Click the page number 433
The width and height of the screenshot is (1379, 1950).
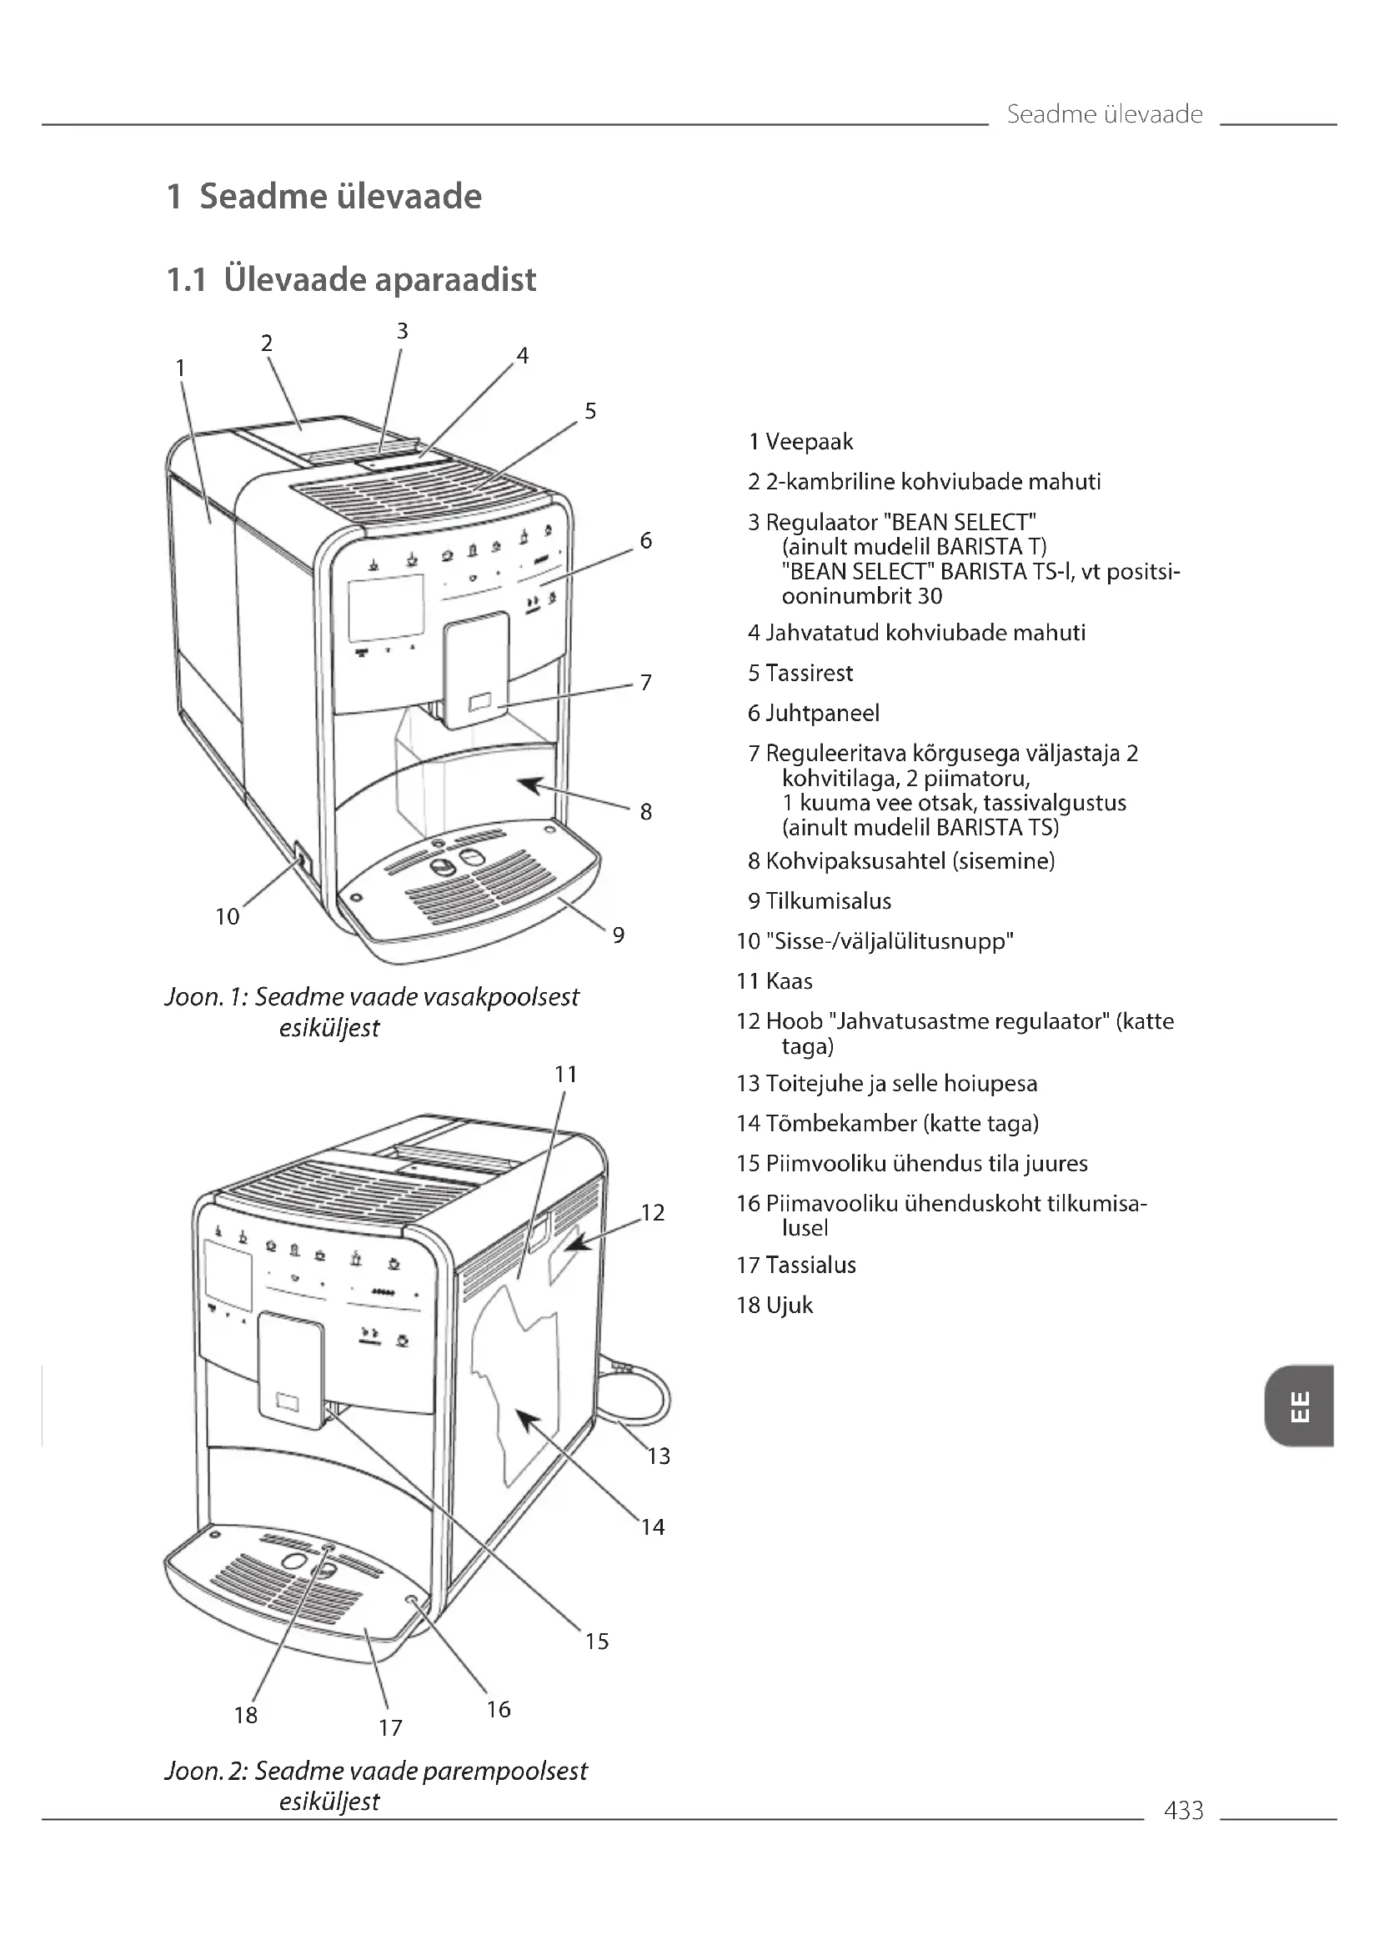tap(1183, 1810)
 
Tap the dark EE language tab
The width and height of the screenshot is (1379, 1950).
tap(1298, 1406)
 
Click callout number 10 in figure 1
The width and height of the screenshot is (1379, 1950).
tap(227, 916)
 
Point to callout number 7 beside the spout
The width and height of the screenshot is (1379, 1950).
tap(645, 682)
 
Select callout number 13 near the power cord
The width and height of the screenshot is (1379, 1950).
tap(658, 1456)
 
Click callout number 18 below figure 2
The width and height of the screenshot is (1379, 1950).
tap(245, 1715)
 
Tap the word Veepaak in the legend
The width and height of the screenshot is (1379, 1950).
tap(809, 442)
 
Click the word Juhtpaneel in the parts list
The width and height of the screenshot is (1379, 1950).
tap(822, 713)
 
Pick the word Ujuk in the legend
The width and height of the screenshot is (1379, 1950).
tap(789, 1305)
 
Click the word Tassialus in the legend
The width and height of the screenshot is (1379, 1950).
tap(810, 1265)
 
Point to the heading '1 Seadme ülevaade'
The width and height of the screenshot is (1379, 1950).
tap(324, 196)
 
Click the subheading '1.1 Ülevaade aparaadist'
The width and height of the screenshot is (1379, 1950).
tap(352, 279)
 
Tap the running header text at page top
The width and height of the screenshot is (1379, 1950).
tap(1104, 114)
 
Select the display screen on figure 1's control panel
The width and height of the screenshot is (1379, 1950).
tap(385, 607)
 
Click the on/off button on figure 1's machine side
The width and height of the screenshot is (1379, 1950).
tap(301, 860)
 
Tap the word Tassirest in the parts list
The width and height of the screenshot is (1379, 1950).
tap(809, 673)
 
